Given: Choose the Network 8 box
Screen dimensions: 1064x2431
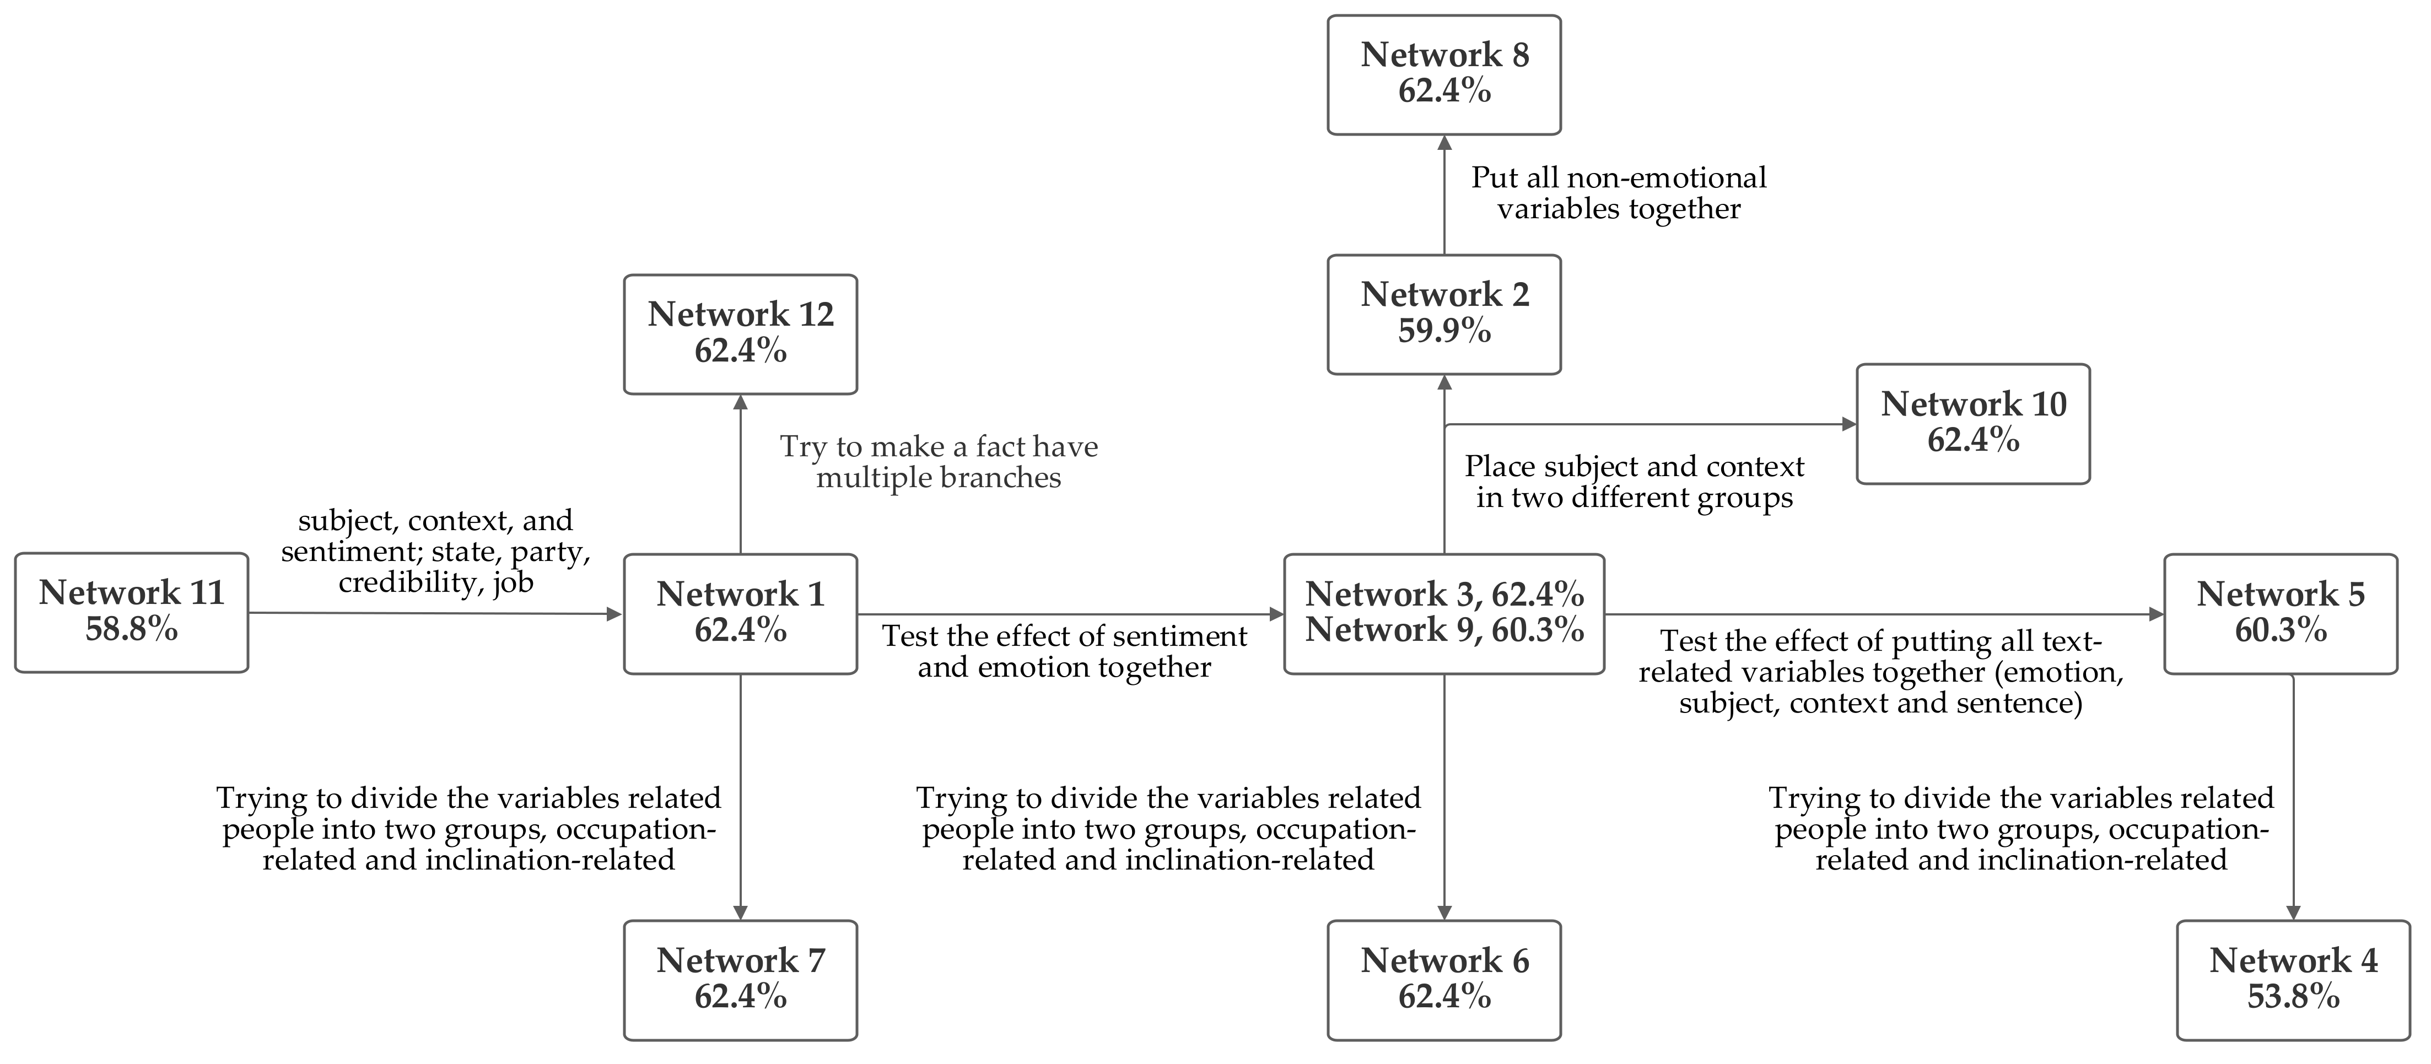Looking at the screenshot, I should tap(1444, 74).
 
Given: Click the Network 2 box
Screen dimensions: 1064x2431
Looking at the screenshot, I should tap(1444, 314).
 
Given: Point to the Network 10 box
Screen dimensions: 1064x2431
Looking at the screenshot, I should tap(1972, 424).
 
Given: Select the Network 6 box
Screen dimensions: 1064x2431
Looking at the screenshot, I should tap(1444, 980).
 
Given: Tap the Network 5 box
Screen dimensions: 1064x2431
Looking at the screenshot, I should tap(2280, 613).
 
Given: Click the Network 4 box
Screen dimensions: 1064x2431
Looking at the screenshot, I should tap(2293, 980).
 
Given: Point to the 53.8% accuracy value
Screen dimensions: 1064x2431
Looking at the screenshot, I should tap(2293, 997).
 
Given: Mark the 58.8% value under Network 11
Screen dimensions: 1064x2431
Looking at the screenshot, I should tap(131, 629).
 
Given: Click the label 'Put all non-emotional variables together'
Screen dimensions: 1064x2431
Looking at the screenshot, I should tap(1619, 193).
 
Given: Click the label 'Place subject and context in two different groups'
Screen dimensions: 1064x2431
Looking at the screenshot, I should tap(1634, 482).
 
